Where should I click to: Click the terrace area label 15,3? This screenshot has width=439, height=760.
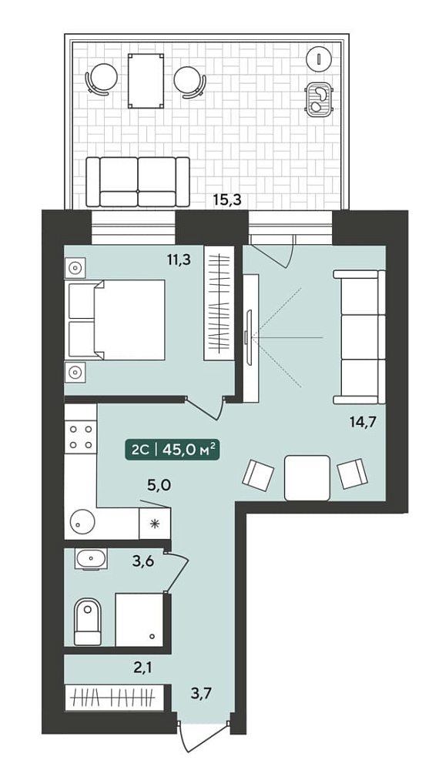[x=228, y=199]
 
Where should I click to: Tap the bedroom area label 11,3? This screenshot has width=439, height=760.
[x=179, y=260]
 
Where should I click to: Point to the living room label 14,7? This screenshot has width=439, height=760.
[x=364, y=421]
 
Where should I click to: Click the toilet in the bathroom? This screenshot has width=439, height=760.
[x=88, y=622]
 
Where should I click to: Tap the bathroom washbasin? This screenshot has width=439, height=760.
[x=91, y=559]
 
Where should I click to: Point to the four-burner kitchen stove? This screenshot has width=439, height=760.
[x=81, y=437]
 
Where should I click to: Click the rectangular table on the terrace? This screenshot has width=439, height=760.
[x=146, y=80]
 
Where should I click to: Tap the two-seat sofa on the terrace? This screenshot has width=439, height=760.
[x=138, y=182]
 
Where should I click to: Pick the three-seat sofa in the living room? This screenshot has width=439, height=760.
[x=359, y=336]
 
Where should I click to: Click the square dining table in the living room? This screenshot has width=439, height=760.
[x=307, y=478]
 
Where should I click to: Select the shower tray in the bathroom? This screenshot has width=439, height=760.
[x=139, y=619]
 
